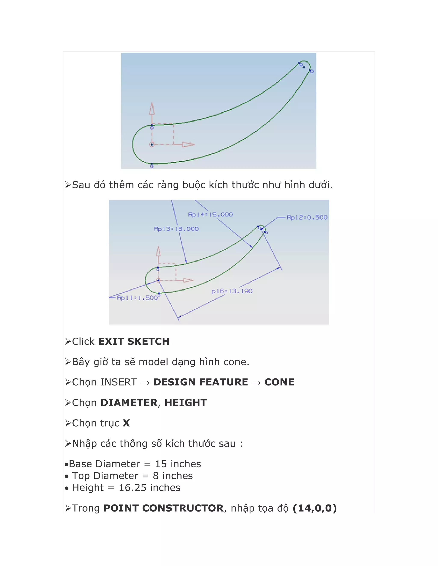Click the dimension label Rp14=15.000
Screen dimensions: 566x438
click(x=210, y=215)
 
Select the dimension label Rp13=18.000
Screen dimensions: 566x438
click(x=176, y=229)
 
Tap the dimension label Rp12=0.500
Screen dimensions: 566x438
click(x=307, y=217)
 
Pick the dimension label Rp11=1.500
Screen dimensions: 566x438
click(x=138, y=298)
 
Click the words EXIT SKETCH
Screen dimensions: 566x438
click(x=134, y=342)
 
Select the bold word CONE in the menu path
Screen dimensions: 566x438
click(x=279, y=382)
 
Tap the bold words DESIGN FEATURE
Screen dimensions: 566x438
click(x=201, y=382)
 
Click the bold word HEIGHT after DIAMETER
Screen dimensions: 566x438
click(x=185, y=403)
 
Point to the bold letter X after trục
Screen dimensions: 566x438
click(x=126, y=423)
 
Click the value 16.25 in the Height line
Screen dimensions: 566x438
click(x=133, y=488)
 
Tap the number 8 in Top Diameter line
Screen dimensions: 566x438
click(x=156, y=476)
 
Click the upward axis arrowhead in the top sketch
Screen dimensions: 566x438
click(x=152, y=109)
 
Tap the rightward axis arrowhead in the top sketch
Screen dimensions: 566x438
click(x=188, y=144)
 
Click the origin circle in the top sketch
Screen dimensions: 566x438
click(x=152, y=144)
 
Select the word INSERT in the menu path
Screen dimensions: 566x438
click(x=118, y=382)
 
